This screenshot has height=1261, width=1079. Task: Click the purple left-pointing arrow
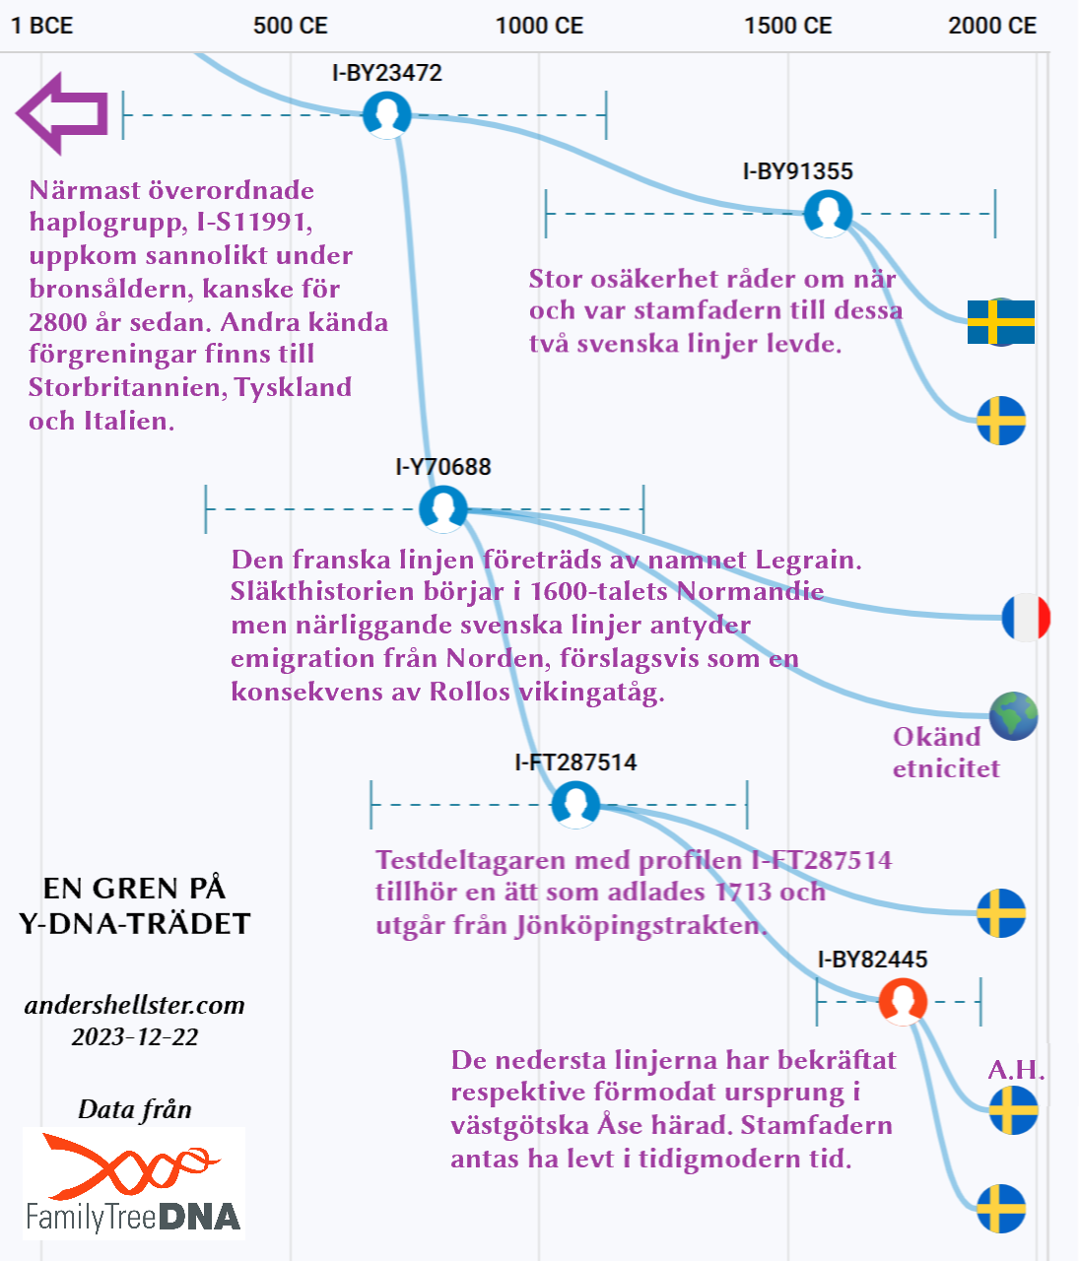tap(61, 113)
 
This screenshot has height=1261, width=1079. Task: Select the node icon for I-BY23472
tap(386, 114)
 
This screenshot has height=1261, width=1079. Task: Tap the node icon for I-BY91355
tap(828, 213)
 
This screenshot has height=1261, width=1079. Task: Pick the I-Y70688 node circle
tap(442, 508)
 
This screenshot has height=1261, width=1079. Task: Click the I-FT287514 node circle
tap(575, 804)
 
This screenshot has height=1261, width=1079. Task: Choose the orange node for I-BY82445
tap(903, 1001)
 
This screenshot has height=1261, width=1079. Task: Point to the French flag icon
tap(1026, 618)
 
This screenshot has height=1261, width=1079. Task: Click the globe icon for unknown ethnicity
tap(1014, 716)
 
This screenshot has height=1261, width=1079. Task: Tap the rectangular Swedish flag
tap(1001, 322)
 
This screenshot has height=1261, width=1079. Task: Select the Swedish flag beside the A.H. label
tap(1013, 1110)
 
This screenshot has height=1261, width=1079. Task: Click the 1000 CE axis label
tap(539, 26)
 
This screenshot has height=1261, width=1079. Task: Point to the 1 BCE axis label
tap(42, 26)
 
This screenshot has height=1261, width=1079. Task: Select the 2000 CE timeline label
tap(992, 26)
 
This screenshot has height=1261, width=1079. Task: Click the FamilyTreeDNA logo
tap(134, 1182)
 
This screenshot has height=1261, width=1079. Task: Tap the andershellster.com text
tap(135, 1005)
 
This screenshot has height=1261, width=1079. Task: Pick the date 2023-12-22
tap(135, 1036)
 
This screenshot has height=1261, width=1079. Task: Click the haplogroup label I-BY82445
tap(873, 959)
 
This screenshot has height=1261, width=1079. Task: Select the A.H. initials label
tap(1016, 1070)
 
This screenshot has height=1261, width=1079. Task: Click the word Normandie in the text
tap(751, 591)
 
